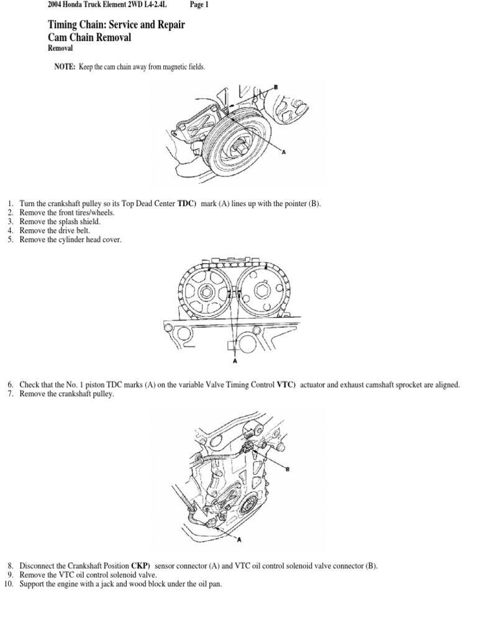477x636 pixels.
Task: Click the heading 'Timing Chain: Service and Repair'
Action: coord(116,25)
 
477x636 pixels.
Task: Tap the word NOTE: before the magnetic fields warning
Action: coord(65,67)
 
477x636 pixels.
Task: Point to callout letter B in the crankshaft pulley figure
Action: coord(276,87)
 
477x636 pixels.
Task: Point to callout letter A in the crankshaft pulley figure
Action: coord(284,152)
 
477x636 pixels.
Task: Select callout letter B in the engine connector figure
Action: coord(287,470)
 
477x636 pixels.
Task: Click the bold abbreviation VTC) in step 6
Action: coord(286,385)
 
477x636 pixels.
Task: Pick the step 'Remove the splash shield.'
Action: coord(60,222)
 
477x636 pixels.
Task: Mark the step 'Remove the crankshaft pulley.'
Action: coord(67,394)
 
